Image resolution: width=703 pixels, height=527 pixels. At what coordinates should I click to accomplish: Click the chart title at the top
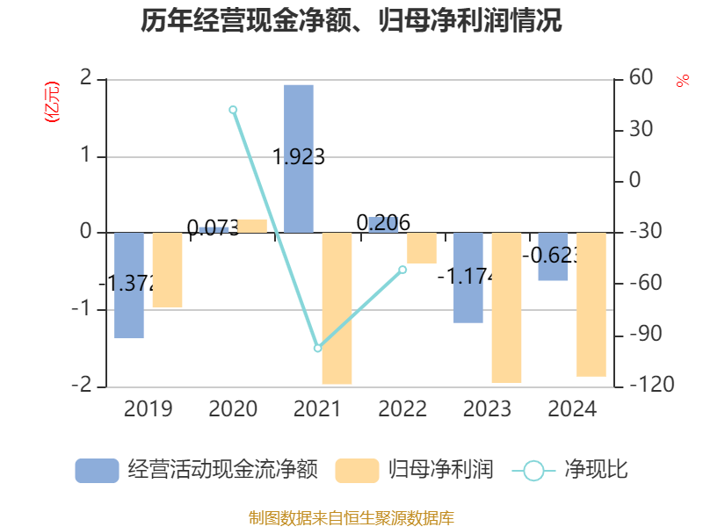tap(351, 21)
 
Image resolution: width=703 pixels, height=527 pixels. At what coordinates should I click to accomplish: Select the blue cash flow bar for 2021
tap(299, 158)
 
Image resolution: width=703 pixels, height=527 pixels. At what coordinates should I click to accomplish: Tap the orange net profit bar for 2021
tap(337, 308)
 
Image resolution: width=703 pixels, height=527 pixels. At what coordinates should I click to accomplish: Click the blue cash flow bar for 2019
tap(129, 285)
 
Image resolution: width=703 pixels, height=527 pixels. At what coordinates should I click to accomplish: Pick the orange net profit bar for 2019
tap(167, 270)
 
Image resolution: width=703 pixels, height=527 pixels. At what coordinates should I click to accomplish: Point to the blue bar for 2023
tap(468, 278)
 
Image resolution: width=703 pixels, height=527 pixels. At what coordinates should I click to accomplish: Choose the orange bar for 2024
tap(591, 305)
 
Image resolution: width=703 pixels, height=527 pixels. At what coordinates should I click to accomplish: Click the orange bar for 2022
tap(422, 248)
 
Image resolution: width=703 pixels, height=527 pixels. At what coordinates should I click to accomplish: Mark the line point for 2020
tap(233, 110)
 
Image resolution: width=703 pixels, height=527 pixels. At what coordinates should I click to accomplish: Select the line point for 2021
tap(318, 348)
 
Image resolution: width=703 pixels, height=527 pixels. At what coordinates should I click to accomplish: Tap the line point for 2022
tap(402, 269)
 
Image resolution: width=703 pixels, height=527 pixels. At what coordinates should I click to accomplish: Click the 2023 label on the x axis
tap(487, 409)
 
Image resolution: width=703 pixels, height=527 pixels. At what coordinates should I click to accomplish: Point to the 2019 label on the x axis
tap(148, 409)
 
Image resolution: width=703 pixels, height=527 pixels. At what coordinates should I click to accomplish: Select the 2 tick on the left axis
tap(85, 78)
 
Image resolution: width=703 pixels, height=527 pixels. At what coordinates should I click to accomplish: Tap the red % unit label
tap(683, 81)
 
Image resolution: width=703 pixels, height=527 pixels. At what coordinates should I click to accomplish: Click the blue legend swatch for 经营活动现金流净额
tap(97, 471)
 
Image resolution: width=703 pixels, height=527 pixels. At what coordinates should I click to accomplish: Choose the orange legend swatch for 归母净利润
tap(358, 471)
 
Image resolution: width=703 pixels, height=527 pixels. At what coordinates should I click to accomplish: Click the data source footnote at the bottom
tap(351, 517)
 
